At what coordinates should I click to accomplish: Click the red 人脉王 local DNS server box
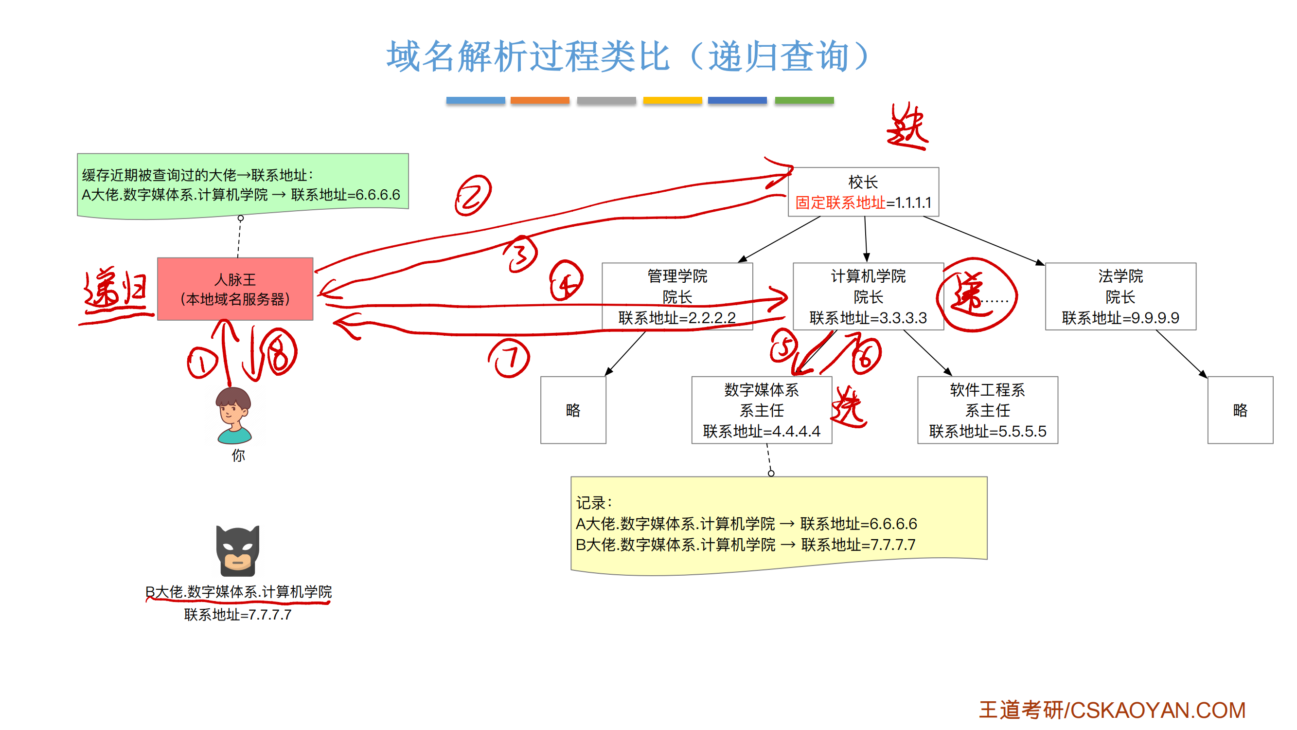235,289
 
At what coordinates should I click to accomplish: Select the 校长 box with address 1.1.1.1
863,192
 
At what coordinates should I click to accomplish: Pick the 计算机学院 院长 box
868,296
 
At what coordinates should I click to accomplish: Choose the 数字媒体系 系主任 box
761,410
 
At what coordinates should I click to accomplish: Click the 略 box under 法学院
1240,410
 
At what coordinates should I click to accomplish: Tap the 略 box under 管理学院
573,410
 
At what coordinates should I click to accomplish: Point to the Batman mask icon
238,550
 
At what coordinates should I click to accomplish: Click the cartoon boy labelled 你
233,416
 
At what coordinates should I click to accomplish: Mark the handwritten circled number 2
473,196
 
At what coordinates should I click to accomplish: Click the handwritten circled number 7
510,358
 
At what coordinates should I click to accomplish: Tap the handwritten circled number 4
566,281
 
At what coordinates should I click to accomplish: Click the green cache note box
242,185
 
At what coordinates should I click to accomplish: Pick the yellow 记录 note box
778,524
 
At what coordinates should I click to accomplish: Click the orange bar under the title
539,100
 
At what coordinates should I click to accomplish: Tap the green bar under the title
803,100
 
